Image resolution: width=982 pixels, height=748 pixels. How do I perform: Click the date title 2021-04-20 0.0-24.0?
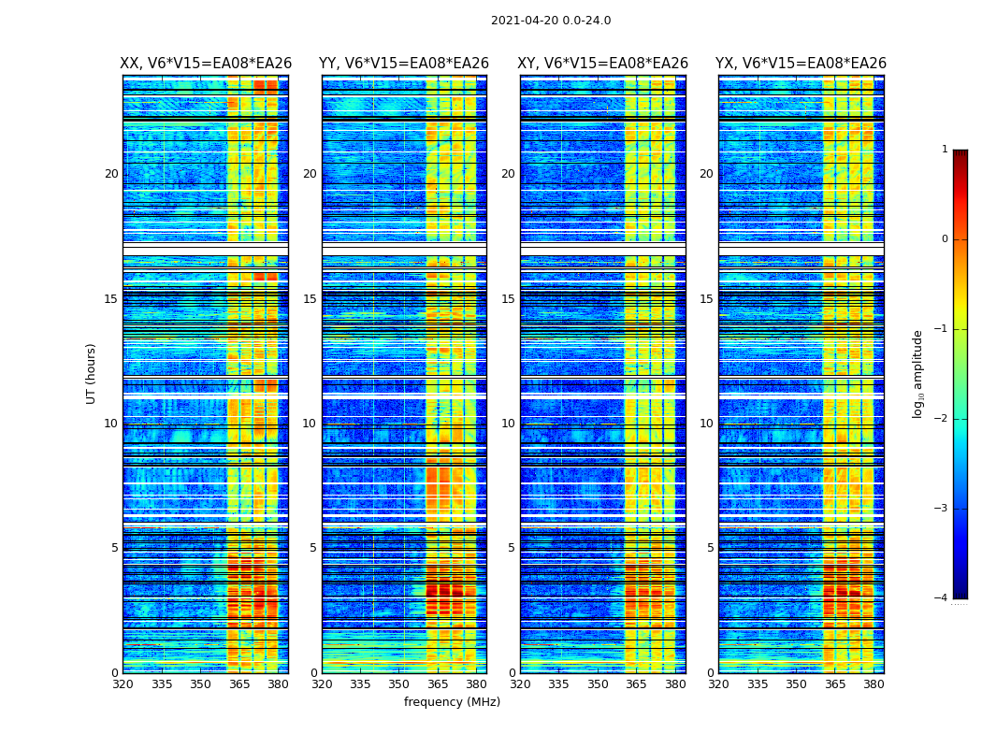(551, 21)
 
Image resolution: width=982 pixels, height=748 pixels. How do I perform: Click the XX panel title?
(206, 64)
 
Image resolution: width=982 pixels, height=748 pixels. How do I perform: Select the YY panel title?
(404, 64)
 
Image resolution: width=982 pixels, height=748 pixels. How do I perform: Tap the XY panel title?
(603, 64)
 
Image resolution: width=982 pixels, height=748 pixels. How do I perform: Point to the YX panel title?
(801, 64)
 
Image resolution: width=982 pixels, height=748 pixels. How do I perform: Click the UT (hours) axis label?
(92, 373)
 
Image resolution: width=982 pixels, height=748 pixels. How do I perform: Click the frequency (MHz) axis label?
(452, 702)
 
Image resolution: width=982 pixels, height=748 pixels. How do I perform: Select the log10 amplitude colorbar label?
(918, 373)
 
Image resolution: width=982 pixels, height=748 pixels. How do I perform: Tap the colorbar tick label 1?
(945, 150)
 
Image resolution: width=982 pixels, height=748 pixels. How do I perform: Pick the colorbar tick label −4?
(943, 598)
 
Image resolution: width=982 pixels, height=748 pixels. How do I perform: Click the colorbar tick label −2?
(943, 419)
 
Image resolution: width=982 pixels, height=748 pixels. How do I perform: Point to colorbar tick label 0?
(945, 239)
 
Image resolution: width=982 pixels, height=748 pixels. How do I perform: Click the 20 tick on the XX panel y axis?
(111, 174)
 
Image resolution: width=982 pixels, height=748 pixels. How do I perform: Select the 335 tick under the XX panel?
(162, 684)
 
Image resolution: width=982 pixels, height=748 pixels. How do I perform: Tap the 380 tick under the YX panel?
(874, 684)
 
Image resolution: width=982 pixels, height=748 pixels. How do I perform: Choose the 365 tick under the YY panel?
(438, 684)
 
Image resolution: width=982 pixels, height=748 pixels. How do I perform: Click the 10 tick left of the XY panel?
(508, 424)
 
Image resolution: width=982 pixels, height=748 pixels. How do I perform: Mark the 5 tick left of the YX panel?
(710, 548)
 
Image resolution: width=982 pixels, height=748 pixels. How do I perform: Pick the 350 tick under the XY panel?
(598, 684)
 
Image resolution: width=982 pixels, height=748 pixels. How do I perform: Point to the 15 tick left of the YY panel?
(310, 299)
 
